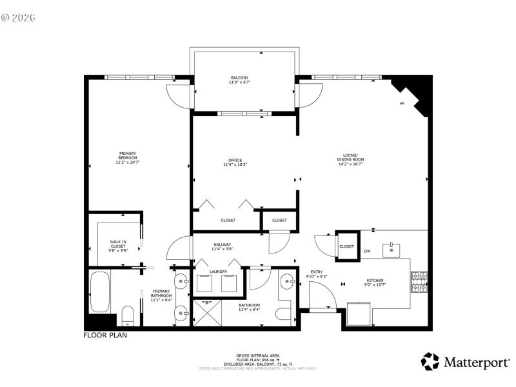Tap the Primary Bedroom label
click(x=127, y=158)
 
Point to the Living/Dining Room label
click(x=350, y=157)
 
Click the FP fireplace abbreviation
click(x=402, y=104)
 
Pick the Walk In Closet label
click(x=118, y=246)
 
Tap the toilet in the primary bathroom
click(x=128, y=315)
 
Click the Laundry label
click(x=219, y=272)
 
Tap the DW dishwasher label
click(x=367, y=251)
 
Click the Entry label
click(x=317, y=273)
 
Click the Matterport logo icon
click(x=430, y=361)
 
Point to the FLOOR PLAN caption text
click(x=105, y=335)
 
